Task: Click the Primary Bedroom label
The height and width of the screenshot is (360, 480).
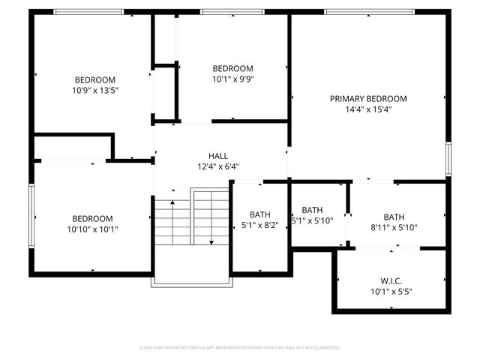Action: (368, 98)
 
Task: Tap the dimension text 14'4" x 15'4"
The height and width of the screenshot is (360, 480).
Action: (368, 109)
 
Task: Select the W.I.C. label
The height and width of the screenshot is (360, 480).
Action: (391, 280)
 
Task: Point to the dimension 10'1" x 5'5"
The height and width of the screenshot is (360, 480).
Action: (391, 291)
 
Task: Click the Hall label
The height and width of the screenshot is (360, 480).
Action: (218, 156)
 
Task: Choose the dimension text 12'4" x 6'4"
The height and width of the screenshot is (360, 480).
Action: (218, 166)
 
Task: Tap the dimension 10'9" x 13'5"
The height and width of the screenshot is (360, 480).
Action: (94, 90)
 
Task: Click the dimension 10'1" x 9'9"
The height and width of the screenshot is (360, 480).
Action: (232, 79)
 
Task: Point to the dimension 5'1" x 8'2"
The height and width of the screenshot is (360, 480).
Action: (259, 225)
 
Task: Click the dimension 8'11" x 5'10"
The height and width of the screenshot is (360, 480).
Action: (394, 228)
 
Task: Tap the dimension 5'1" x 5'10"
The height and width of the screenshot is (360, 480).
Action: (312, 221)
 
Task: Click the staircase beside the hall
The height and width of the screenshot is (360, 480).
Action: (191, 221)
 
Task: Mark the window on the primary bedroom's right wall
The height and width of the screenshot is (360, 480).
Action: (448, 159)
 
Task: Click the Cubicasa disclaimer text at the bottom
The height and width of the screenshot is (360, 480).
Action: (240, 348)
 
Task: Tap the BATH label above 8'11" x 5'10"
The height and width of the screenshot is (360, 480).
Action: (394, 217)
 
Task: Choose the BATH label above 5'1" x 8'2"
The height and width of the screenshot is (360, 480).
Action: (259, 214)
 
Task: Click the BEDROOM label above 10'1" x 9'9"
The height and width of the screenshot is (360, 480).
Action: (232, 68)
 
